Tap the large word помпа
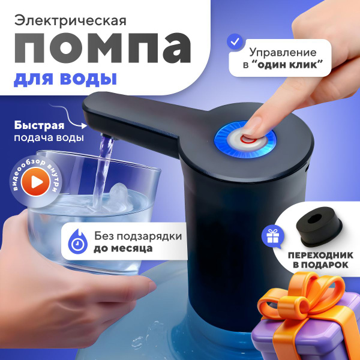(x=103, y=48)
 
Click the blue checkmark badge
(x=235, y=42)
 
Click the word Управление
(x=283, y=53)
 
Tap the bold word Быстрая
(x=39, y=125)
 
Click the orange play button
(x=35, y=182)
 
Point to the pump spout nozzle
(x=108, y=136)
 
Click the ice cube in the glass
(x=119, y=196)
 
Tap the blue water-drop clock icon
(x=77, y=242)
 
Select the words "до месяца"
(x=123, y=248)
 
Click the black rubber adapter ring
(x=319, y=226)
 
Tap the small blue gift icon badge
(x=273, y=237)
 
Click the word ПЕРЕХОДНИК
(x=321, y=256)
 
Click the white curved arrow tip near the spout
(x=85, y=126)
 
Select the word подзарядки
(x=147, y=236)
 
